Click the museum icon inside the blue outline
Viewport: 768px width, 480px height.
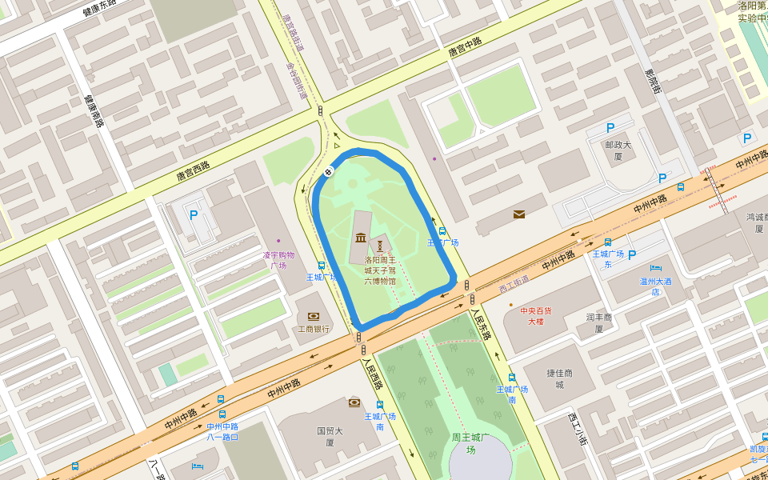[x=361, y=238]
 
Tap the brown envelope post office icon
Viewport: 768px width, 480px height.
[x=519, y=214]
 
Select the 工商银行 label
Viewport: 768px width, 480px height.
[x=313, y=329]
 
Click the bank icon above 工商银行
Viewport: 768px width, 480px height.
[x=313, y=316]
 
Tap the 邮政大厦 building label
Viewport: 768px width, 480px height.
[x=618, y=150]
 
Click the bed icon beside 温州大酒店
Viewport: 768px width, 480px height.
[x=656, y=268]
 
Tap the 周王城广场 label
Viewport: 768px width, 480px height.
[x=470, y=443]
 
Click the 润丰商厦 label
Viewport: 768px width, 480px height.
[x=598, y=322]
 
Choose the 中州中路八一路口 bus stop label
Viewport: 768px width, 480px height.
[x=222, y=431]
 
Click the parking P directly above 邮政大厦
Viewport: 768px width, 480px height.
[x=610, y=127]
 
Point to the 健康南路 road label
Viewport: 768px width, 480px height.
[x=94, y=111]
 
